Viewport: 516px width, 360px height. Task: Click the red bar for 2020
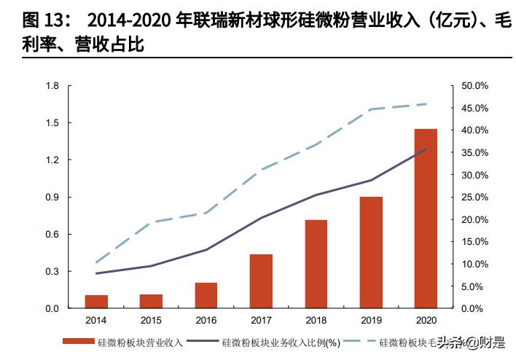click(426, 219)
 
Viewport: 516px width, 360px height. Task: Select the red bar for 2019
click(371, 252)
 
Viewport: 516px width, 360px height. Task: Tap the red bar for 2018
click(316, 264)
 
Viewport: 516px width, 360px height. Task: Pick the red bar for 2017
click(261, 281)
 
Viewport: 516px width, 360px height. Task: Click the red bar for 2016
click(206, 295)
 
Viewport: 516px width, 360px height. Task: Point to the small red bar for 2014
click(96, 302)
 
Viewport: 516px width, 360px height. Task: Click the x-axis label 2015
click(151, 320)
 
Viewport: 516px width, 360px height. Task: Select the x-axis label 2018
click(316, 320)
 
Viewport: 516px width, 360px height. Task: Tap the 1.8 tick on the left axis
click(52, 86)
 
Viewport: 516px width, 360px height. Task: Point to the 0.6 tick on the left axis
click(52, 234)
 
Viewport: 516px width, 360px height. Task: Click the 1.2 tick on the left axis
click(52, 160)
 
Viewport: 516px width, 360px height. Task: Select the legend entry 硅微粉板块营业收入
click(138, 341)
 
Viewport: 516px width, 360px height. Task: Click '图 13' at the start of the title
click(20, 19)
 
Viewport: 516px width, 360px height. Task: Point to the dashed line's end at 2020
click(426, 103)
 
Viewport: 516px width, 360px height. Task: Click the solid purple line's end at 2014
click(96, 273)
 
